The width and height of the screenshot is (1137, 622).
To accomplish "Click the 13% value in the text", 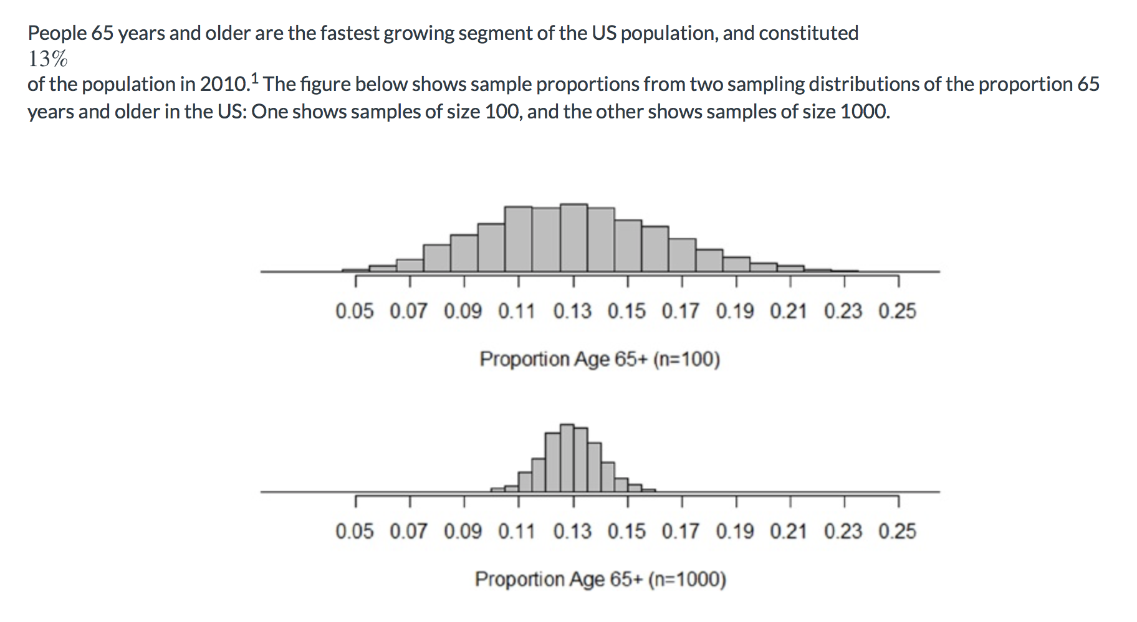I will point(48,59).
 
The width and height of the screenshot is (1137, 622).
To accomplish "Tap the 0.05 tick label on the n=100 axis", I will point(354,311).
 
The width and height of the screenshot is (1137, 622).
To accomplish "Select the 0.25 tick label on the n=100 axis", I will point(897,311).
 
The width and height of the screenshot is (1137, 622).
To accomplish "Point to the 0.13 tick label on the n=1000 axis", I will point(572,532).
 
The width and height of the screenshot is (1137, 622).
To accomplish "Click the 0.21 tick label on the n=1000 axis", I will point(789,532).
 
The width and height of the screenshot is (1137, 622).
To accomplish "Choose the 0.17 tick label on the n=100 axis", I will point(680,311).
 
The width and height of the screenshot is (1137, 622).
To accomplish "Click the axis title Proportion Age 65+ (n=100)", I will point(600,360).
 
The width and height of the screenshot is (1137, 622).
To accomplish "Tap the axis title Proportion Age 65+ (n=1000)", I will point(600,580).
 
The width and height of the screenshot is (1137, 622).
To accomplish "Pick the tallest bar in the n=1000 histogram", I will point(567,458).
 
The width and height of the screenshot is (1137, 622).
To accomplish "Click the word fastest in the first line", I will point(350,33).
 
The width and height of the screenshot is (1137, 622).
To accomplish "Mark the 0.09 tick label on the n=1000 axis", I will point(463,532).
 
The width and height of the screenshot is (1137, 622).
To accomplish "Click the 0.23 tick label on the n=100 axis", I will point(843,311).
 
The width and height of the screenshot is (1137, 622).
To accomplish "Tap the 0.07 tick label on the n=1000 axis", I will point(408,532).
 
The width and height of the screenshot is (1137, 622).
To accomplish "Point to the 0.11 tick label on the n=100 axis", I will point(517,311).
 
